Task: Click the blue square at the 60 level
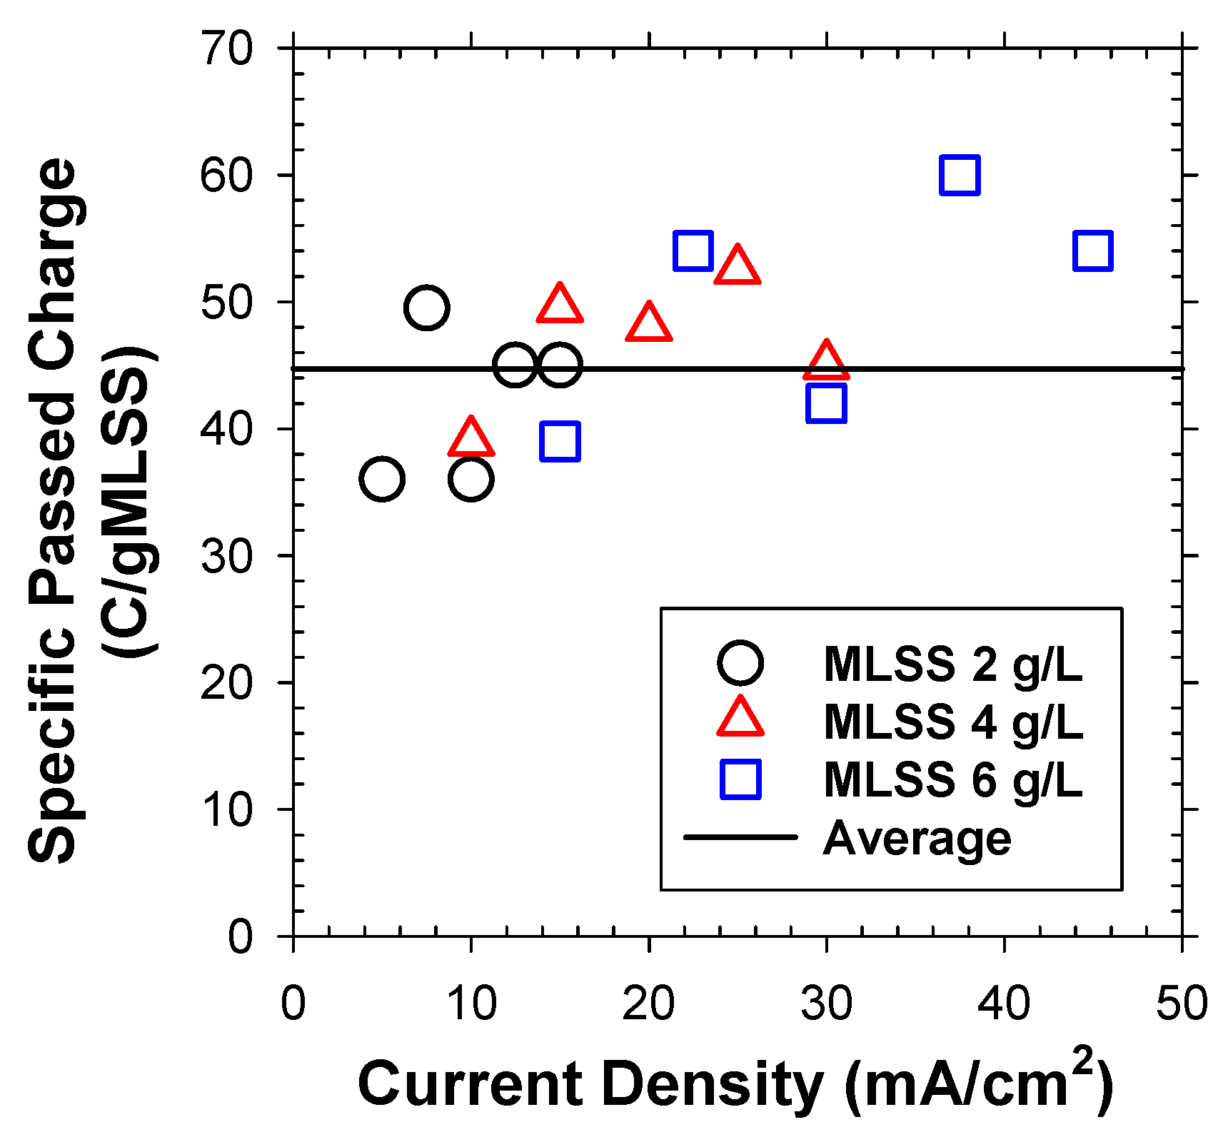click(x=960, y=175)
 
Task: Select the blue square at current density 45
click(x=1093, y=251)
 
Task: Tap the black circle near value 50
click(x=426, y=308)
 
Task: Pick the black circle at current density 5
click(x=382, y=478)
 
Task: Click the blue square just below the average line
click(x=826, y=403)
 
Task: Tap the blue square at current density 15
click(x=560, y=440)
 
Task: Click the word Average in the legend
click(x=917, y=838)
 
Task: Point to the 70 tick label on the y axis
click(x=226, y=49)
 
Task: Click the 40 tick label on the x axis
click(x=1004, y=1003)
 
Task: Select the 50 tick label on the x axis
click(x=1182, y=1003)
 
